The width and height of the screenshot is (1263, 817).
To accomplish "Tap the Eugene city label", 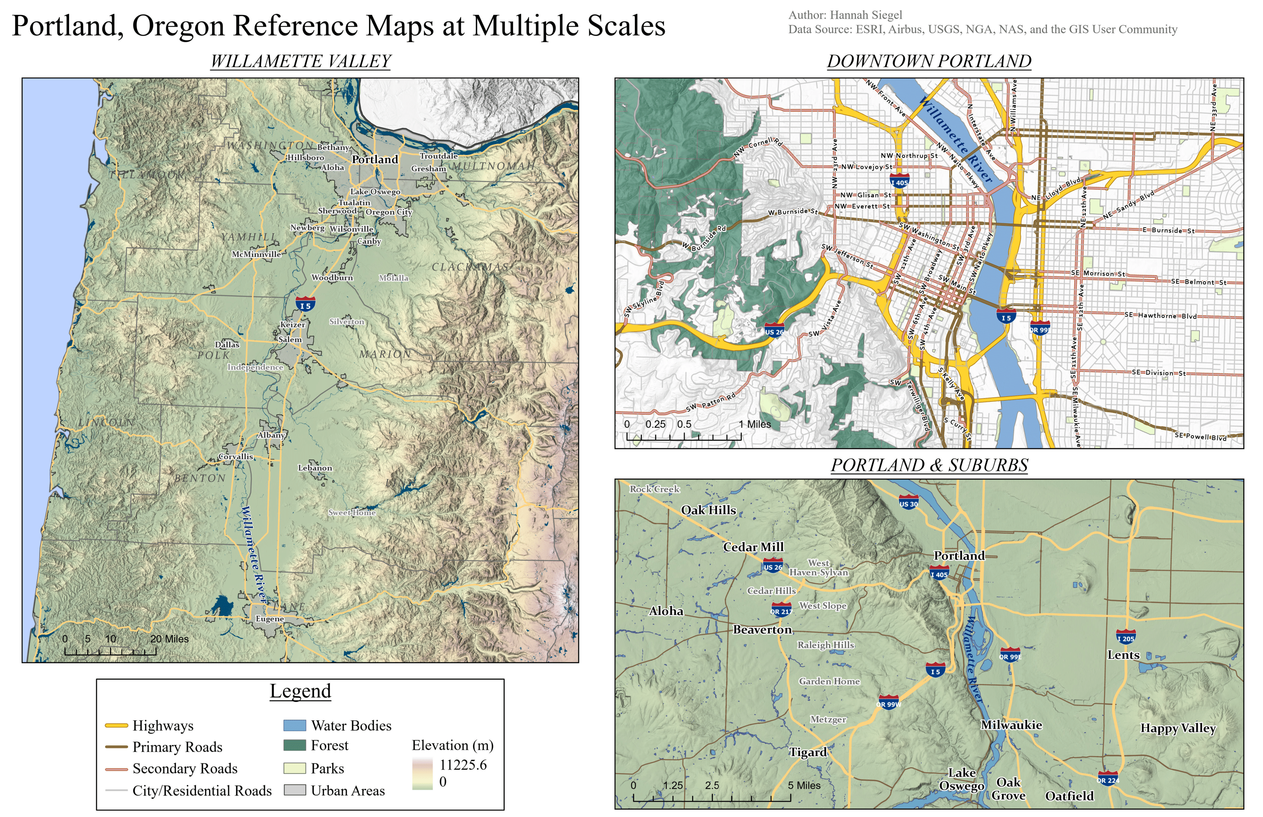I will pyautogui.click(x=270, y=619).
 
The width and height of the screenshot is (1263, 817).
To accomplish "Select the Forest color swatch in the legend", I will pyautogui.click(x=295, y=745).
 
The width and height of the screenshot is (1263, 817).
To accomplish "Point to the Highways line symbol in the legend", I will pyautogui.click(x=116, y=725).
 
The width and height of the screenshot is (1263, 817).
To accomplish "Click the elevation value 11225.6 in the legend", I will pyautogui.click(x=463, y=765).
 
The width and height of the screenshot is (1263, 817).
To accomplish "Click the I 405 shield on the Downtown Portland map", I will pyautogui.click(x=899, y=181).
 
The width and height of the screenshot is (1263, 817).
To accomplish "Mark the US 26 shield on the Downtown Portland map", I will pyautogui.click(x=774, y=331).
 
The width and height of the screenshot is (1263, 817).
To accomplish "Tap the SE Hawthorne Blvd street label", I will pyautogui.click(x=1160, y=315).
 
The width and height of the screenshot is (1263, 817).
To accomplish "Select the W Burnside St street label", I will pyautogui.click(x=792, y=212).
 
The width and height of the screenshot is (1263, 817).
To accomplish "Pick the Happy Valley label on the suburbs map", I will pyautogui.click(x=1178, y=728).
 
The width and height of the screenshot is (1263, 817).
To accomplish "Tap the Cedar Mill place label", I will pyautogui.click(x=753, y=547).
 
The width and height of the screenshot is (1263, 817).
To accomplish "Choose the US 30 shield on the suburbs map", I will pyautogui.click(x=909, y=503).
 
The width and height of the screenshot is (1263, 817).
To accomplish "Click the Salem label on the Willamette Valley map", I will pyautogui.click(x=290, y=339).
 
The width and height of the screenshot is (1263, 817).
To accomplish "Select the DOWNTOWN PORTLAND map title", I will pyautogui.click(x=929, y=61).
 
